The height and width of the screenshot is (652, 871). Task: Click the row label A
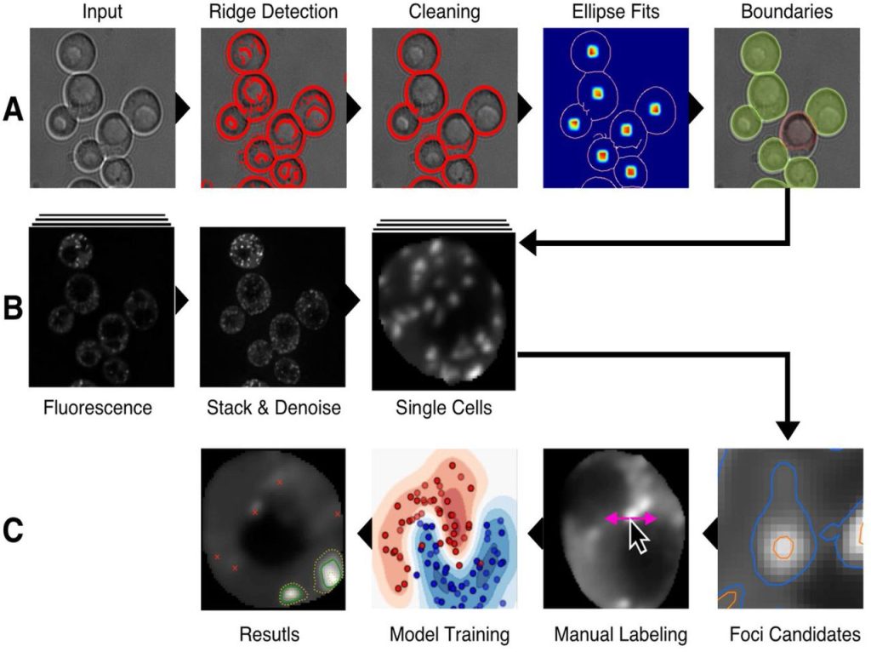click(x=14, y=110)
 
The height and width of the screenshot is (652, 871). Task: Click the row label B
click(x=13, y=307)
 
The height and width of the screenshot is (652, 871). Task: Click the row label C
click(x=14, y=529)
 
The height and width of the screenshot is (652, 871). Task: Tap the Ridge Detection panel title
click(x=273, y=12)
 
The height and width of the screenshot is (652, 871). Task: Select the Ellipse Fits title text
click(x=616, y=12)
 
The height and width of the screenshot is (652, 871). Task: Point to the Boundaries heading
click(x=787, y=12)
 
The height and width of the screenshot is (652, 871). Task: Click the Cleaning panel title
click(x=444, y=12)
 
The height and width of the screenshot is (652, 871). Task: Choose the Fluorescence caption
click(x=98, y=408)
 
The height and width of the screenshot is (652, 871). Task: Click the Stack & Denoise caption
click(x=274, y=408)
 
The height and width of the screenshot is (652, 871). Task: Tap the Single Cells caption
click(x=444, y=408)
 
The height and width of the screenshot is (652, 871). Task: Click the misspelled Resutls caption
click(x=270, y=634)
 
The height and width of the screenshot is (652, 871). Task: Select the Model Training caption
click(x=449, y=634)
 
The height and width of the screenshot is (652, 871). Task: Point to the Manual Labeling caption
click(x=620, y=634)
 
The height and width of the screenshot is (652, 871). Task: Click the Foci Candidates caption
click(x=795, y=634)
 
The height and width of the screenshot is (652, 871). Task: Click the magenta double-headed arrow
click(x=631, y=518)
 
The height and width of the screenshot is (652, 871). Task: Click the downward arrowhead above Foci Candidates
click(x=788, y=431)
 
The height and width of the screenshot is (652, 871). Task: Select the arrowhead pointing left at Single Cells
click(x=527, y=243)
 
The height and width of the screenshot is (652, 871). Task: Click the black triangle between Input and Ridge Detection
click(x=184, y=108)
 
